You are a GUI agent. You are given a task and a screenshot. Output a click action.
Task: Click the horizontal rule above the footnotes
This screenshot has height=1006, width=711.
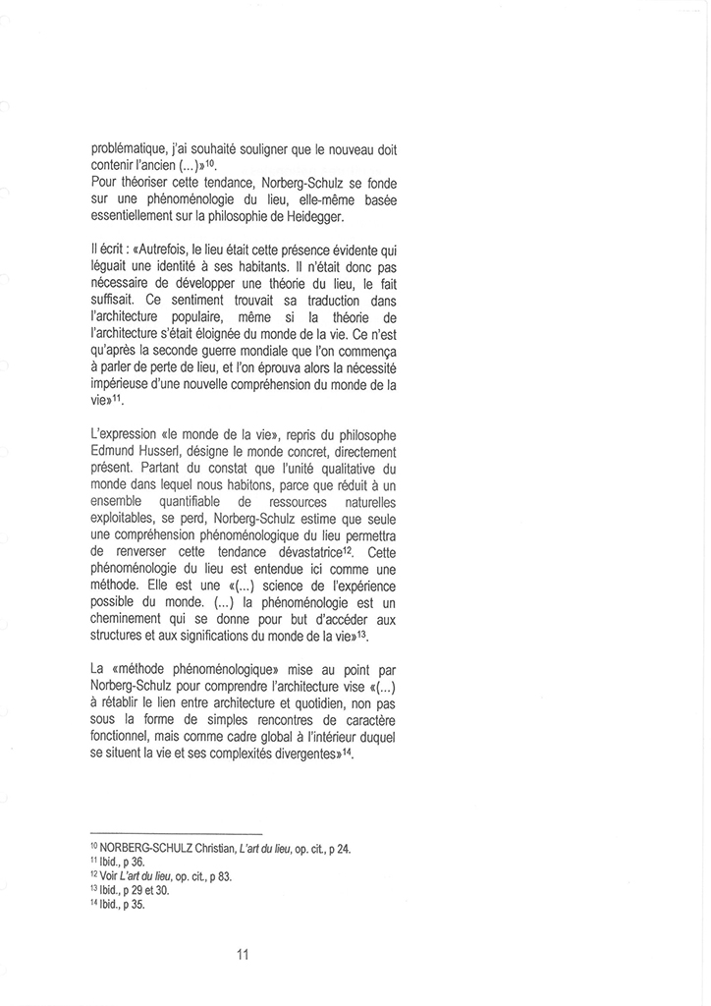(x=176, y=832)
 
